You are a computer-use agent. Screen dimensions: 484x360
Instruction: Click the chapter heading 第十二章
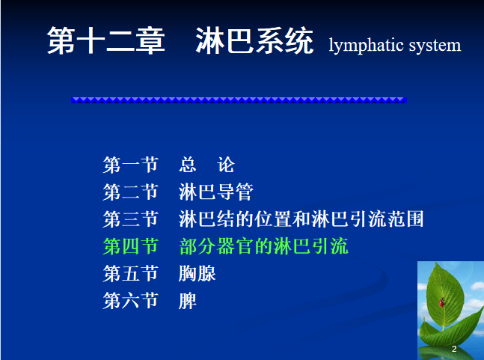click(106, 40)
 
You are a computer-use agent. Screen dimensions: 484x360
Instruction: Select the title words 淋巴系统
click(254, 40)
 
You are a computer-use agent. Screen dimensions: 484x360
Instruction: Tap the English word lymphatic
click(367, 46)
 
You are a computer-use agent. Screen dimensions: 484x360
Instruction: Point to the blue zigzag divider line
click(239, 100)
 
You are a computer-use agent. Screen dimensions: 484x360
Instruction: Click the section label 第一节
click(130, 165)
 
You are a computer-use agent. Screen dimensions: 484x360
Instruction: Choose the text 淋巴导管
click(216, 192)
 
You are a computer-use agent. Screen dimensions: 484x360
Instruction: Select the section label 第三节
click(130, 219)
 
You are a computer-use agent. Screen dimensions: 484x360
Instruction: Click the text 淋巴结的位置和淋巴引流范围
click(301, 219)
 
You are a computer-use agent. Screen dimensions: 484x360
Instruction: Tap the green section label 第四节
click(130, 246)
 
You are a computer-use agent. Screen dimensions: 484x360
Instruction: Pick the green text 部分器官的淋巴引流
click(263, 246)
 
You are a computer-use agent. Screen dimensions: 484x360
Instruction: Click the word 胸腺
click(197, 273)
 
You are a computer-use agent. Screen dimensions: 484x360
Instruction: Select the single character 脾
click(187, 300)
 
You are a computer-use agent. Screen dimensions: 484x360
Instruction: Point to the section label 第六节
click(130, 300)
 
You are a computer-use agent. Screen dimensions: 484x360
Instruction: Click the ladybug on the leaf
click(441, 302)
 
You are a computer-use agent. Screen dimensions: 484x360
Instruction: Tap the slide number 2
click(454, 349)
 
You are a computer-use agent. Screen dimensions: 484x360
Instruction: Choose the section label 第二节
click(130, 192)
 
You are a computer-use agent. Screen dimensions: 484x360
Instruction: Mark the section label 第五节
click(130, 273)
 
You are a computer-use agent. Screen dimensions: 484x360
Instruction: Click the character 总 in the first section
click(188, 165)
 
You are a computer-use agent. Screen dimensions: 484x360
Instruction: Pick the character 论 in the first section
click(226, 165)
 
